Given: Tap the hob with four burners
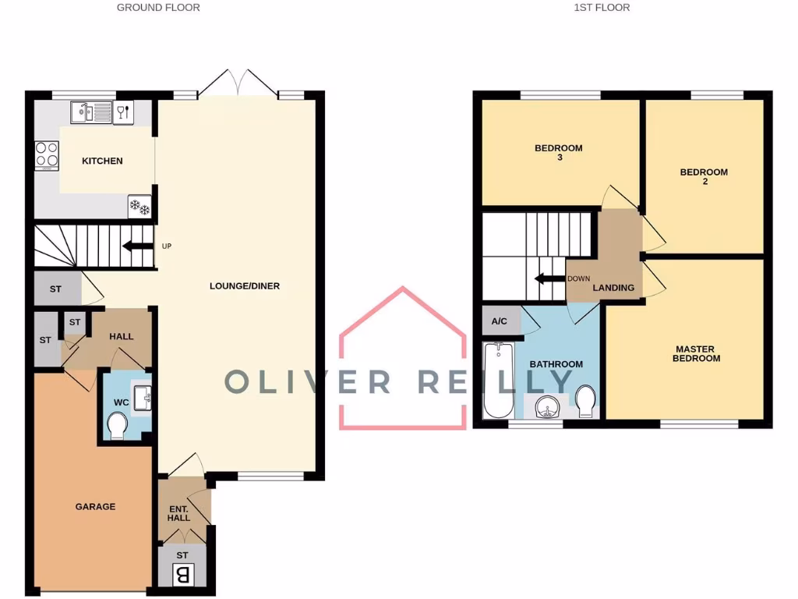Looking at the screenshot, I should tap(47, 154).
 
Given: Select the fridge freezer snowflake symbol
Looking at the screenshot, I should tap(139, 207).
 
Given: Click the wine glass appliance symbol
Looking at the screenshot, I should tap(123, 112).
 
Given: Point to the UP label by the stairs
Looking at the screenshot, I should tap(166, 246).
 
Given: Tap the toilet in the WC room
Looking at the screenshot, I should tap(118, 427).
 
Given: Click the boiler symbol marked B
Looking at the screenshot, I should tap(182, 576).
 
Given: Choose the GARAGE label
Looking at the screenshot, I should tap(95, 506).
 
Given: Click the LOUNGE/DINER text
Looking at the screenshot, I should tap(245, 286).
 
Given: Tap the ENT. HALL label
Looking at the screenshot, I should tap(179, 513).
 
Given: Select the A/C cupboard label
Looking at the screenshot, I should tap(500, 321).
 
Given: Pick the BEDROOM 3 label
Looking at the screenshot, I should tap(558, 152).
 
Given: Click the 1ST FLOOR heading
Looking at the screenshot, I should tap(602, 8).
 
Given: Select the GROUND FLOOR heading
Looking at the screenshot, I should tap(158, 8).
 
